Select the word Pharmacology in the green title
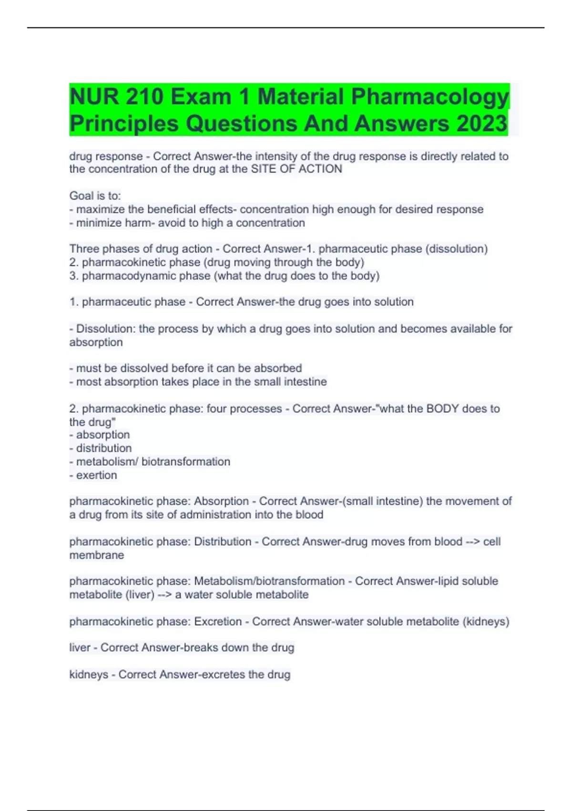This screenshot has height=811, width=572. coord(430,97)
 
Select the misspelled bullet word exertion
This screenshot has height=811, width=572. coord(96,475)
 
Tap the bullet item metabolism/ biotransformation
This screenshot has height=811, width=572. coord(153,462)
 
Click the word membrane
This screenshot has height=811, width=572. coord(97,555)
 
